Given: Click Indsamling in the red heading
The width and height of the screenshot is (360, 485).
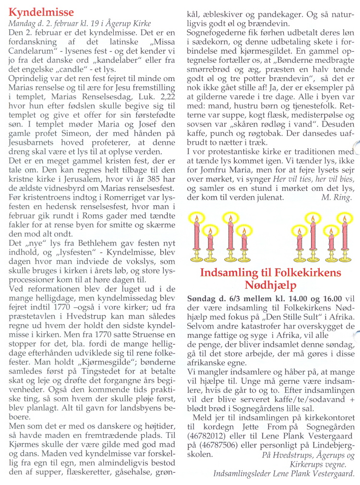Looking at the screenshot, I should pos(229,273).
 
